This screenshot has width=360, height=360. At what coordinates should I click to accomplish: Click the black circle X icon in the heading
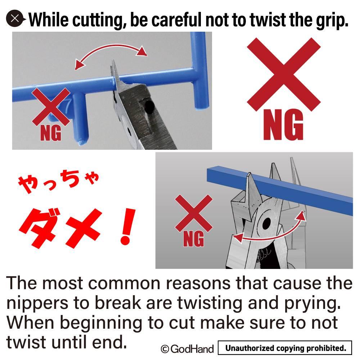(15, 19)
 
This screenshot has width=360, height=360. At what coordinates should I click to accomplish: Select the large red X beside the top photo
(284, 74)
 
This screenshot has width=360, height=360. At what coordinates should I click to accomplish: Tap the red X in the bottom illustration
(194, 213)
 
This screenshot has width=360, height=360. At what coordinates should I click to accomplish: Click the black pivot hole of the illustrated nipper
(266, 223)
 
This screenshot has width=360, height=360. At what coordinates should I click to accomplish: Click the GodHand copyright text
(187, 349)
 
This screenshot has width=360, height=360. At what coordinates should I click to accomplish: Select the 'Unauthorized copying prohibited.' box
(285, 348)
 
